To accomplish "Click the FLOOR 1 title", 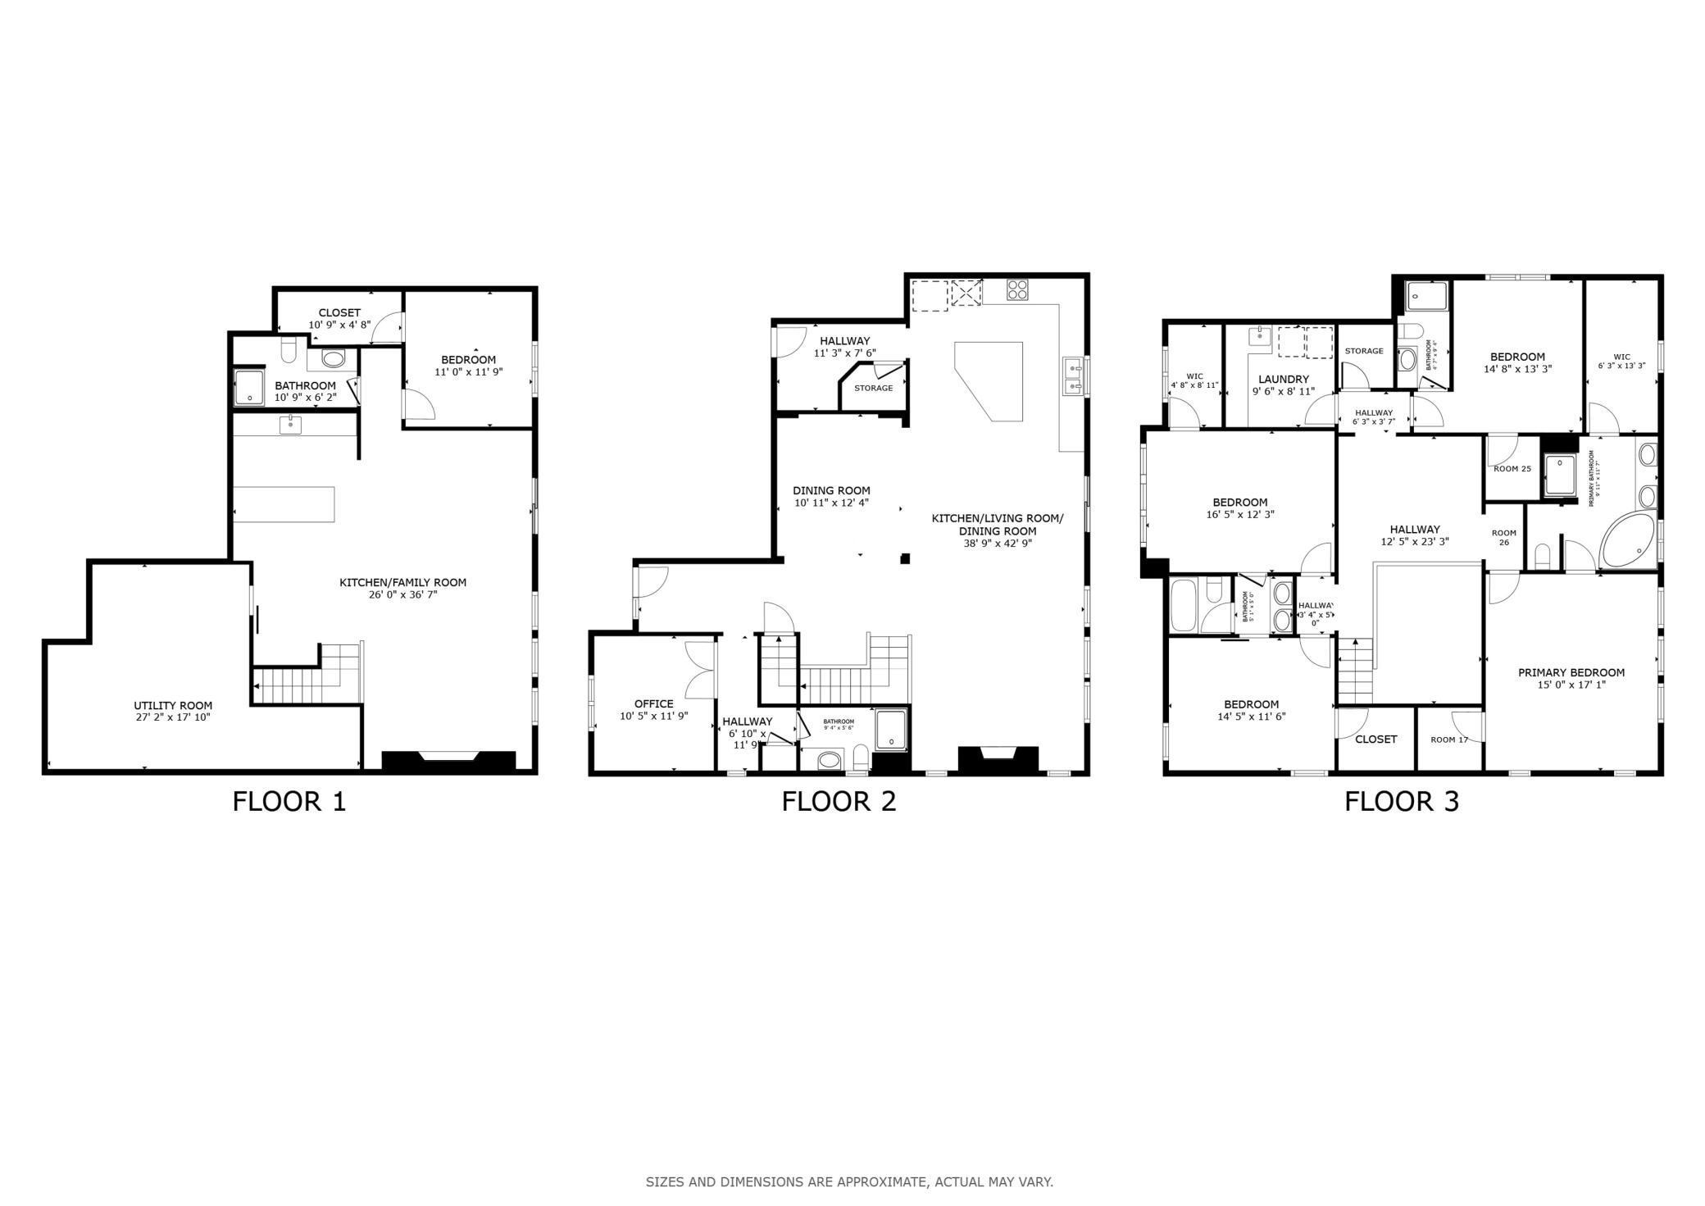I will [x=289, y=801].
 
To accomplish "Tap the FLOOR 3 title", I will [x=1401, y=801].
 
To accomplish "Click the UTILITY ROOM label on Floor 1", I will [x=173, y=706].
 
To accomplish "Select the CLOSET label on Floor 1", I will [x=339, y=313].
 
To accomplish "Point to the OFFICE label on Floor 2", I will [x=653, y=703].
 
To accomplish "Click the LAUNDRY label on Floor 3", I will [x=1283, y=380].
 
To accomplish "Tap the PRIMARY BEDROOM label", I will [x=1571, y=672].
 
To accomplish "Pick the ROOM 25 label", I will [x=1512, y=469].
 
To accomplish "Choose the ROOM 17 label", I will [x=1448, y=740].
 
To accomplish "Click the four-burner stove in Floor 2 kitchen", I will [x=1017, y=289].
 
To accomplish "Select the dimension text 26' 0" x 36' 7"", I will [x=402, y=594].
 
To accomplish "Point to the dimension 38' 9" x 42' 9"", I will [x=997, y=543].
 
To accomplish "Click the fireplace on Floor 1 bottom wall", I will [x=448, y=761].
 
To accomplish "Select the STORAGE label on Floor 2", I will [x=873, y=388].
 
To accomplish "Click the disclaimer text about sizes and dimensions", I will [x=849, y=1181].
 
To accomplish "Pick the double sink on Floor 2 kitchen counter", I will [x=1073, y=377].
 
